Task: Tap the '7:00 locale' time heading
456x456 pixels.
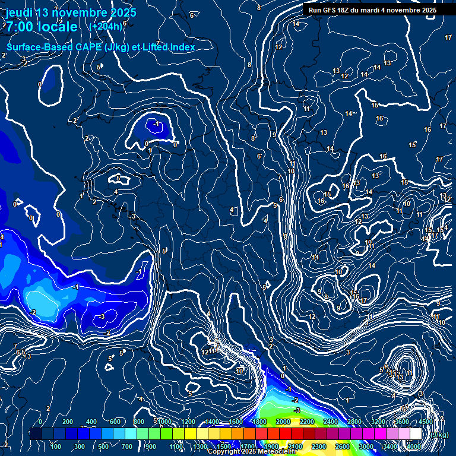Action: (x=42, y=27)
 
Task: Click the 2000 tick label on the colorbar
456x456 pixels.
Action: (x=283, y=422)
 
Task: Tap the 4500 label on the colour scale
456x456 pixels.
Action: (x=426, y=422)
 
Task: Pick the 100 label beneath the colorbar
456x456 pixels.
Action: (x=56, y=446)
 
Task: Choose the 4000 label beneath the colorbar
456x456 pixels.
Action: (x=414, y=446)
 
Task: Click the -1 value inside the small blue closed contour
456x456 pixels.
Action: (x=157, y=123)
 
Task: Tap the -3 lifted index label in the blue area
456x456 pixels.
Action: (x=102, y=317)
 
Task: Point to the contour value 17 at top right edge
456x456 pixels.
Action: (x=448, y=37)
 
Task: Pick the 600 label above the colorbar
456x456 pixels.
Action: (x=115, y=422)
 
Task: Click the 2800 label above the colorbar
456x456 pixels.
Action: (x=354, y=422)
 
